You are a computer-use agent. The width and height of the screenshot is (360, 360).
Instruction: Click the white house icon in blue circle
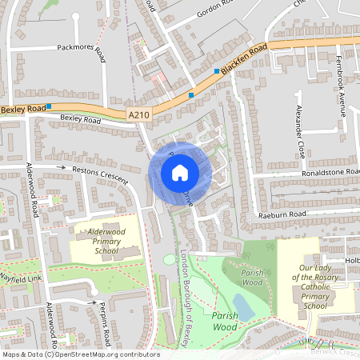pyautogui.click(x=180, y=172)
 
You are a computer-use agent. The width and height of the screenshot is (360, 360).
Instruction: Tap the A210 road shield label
pyautogui.click(x=138, y=115)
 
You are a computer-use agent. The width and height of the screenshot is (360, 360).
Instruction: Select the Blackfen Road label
pyautogui.click(x=243, y=60)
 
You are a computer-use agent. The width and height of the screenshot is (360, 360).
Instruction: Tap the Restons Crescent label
pyautogui.click(x=101, y=175)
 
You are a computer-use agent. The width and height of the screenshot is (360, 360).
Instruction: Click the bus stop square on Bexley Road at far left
pyautogui.click(x=50, y=106)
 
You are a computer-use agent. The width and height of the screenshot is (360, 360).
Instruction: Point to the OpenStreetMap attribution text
pyautogui.click(x=80, y=354)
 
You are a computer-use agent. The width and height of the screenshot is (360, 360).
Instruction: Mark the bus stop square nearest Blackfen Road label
pyautogui.click(x=216, y=70)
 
